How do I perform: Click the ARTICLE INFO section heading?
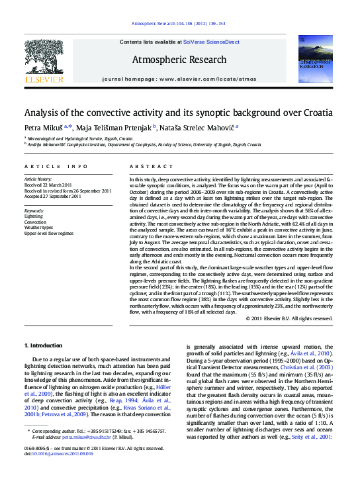coord(56,166)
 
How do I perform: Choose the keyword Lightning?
coord(34,216)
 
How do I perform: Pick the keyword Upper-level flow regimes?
coord(49,233)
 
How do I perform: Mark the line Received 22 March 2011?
coord(49,185)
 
